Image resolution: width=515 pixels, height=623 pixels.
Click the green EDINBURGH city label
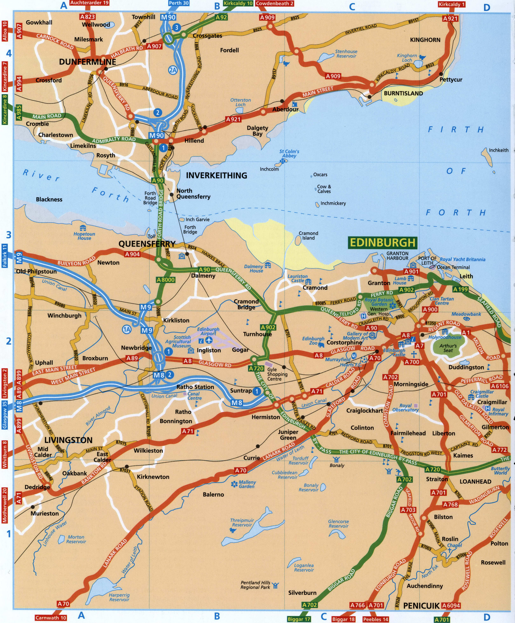382,243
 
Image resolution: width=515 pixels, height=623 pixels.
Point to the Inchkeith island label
498,150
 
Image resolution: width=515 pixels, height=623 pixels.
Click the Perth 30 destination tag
179,3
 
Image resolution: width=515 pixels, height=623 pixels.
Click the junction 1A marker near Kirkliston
127,329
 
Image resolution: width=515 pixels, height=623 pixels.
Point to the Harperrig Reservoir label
119,597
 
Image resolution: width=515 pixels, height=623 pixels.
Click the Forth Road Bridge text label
150,198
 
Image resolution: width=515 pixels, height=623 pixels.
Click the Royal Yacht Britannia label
462,259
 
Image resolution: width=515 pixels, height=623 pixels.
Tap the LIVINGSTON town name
69,440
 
